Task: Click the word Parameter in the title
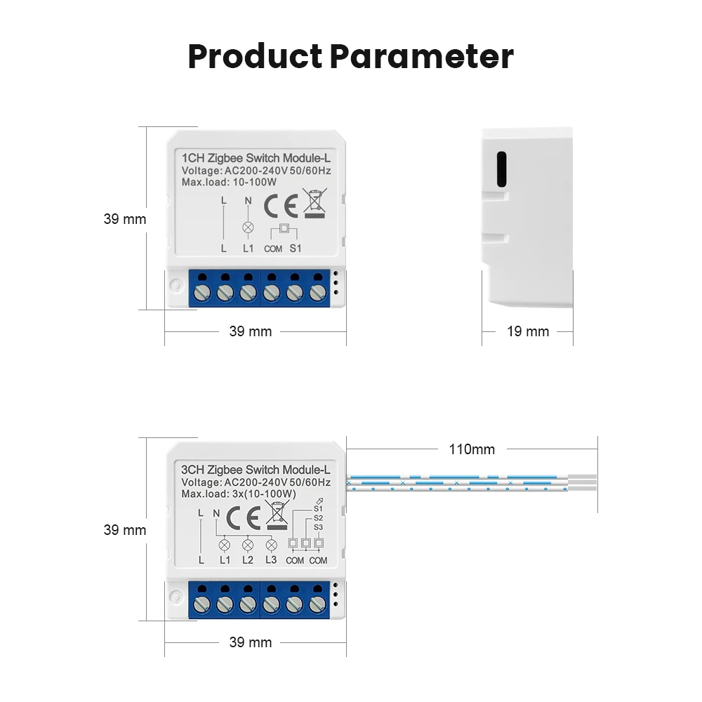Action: [422, 57]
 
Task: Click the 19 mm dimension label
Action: [528, 331]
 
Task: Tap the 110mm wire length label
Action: [472, 449]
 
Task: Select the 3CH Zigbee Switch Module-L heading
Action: [256, 470]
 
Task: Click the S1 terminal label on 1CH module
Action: [296, 249]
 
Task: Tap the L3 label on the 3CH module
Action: [271, 560]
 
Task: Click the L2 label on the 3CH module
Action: [248, 560]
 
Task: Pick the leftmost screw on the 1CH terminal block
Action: [202, 291]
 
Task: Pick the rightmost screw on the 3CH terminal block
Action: [317, 602]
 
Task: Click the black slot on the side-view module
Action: [501, 170]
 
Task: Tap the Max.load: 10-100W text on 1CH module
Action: [229, 183]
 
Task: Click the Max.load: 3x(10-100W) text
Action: [239, 494]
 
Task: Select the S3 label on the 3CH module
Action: [318, 526]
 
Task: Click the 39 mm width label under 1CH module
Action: [250, 331]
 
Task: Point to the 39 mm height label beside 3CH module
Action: [125, 530]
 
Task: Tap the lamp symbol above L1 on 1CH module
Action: [248, 227]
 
